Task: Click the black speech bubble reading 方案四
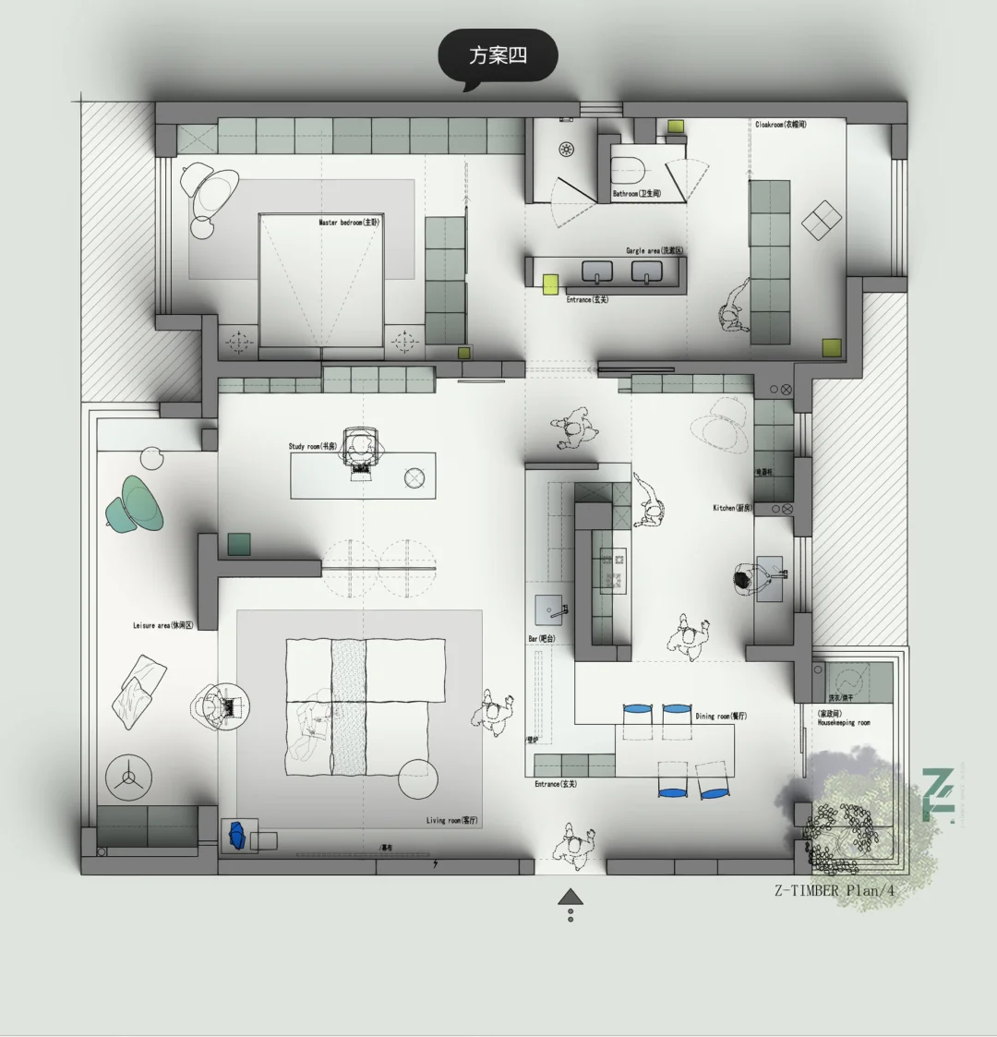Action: [498, 55]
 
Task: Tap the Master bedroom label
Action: [349, 223]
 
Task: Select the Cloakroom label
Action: [780, 125]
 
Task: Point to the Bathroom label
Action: [637, 194]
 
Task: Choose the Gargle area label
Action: [654, 250]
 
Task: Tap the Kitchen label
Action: [732, 508]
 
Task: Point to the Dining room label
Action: [720, 716]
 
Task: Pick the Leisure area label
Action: [163, 625]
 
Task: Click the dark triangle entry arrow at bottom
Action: [571, 896]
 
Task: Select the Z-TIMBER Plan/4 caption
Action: [835, 890]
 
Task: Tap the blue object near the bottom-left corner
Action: [237, 835]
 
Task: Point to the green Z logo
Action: [939, 794]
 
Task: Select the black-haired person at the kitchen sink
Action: [743, 579]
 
